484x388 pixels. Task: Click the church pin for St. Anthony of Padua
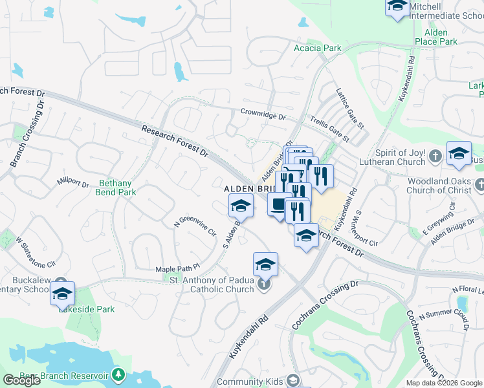263,284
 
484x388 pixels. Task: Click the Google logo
22,380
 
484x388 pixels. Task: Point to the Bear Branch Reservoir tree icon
118,374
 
